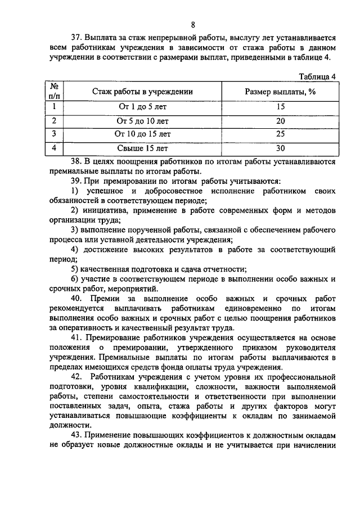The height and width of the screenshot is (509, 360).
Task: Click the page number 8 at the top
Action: pos(193,25)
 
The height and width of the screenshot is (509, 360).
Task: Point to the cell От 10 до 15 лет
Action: pos(143,134)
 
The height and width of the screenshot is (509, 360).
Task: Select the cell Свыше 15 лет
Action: pos(143,148)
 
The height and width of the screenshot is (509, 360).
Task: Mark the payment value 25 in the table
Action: pos(281,134)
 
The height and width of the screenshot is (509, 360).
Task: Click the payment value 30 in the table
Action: pos(281,148)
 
